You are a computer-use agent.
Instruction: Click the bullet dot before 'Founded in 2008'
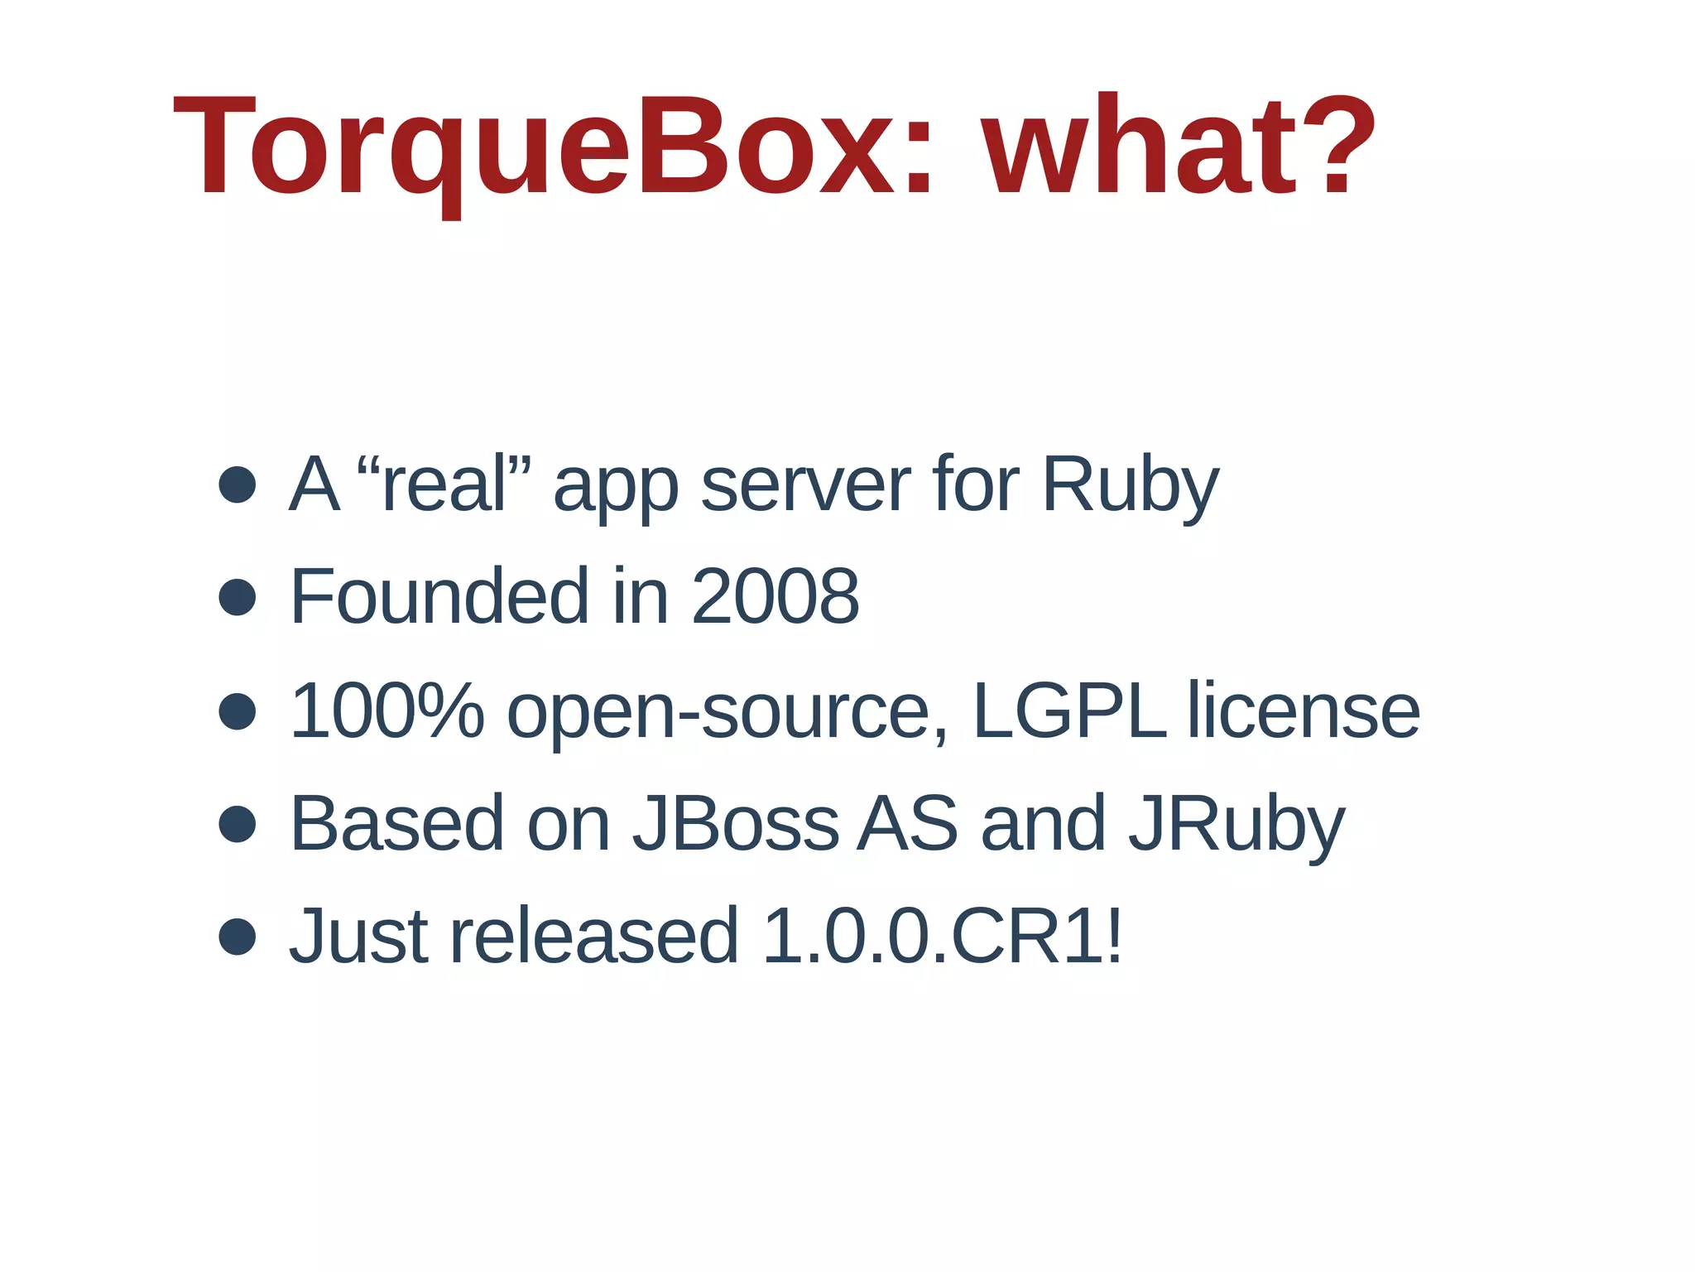tap(238, 597)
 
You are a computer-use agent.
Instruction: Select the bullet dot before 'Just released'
tap(238, 937)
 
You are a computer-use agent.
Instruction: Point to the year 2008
tap(775, 596)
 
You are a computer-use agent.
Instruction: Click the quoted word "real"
tap(444, 484)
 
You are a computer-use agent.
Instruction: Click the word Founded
tap(439, 596)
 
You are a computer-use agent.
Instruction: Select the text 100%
tap(387, 711)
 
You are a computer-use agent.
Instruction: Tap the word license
tap(1304, 711)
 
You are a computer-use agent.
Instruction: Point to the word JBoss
tap(736, 823)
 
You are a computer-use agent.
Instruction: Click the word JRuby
tap(1236, 825)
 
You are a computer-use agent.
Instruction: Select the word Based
tap(397, 823)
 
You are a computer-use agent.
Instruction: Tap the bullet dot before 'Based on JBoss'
tap(238, 824)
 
